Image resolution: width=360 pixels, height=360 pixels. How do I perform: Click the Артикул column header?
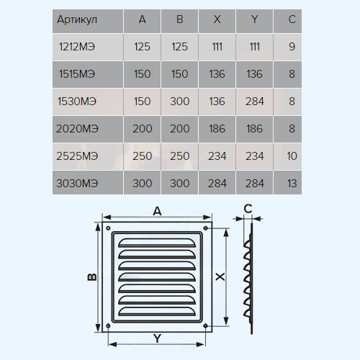pyautogui.click(x=77, y=19)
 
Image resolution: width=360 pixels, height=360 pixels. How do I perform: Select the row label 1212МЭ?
pyautogui.click(x=77, y=47)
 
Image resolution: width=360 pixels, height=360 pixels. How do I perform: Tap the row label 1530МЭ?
pyautogui.click(x=77, y=102)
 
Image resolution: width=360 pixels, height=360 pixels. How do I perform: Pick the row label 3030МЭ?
pyautogui.click(x=77, y=184)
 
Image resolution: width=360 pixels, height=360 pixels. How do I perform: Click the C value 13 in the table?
pyautogui.click(x=292, y=184)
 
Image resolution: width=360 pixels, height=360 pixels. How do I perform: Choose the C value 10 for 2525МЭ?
pyautogui.click(x=292, y=156)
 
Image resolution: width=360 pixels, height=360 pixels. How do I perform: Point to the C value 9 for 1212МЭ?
pyautogui.click(x=292, y=47)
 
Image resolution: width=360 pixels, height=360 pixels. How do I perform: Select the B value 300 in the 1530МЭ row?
pyautogui.click(x=180, y=102)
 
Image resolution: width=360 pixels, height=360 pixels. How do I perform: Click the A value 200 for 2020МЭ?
pyautogui.click(x=143, y=129)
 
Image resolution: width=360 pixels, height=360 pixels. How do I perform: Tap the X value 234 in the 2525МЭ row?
pyautogui.click(x=217, y=156)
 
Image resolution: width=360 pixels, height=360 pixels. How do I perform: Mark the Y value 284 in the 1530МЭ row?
pyautogui.click(x=255, y=102)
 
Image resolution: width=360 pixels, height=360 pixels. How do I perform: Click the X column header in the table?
pyautogui.click(x=217, y=19)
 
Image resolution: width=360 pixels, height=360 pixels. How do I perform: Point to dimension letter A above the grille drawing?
pyautogui.click(x=157, y=212)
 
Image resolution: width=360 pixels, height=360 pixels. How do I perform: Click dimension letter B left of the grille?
pyautogui.click(x=92, y=277)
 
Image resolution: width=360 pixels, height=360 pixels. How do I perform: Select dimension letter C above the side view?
pyautogui.click(x=248, y=209)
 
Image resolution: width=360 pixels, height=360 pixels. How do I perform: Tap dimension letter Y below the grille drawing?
pyautogui.click(x=158, y=338)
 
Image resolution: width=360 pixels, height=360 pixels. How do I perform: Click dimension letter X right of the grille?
pyautogui.click(x=220, y=276)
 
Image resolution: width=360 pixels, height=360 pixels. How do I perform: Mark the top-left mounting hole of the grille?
pyautogui.click(x=108, y=228)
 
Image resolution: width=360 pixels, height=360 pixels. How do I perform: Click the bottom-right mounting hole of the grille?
pyautogui.click(x=205, y=325)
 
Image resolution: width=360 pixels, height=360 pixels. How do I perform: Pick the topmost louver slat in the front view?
pyautogui.click(x=157, y=243)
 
